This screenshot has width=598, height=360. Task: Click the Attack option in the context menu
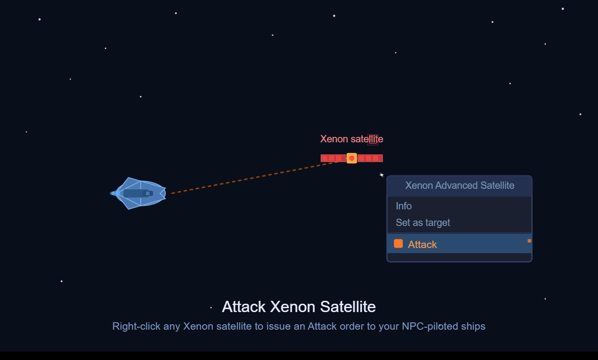tap(422, 244)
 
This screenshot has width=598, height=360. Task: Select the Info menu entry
tap(404, 206)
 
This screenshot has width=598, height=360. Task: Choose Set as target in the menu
tap(423, 223)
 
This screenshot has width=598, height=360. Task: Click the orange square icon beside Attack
tap(398, 244)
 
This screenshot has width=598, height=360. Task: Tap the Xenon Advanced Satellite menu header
tap(460, 185)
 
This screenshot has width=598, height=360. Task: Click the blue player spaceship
tap(140, 193)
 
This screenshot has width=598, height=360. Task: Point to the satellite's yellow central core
tap(351, 158)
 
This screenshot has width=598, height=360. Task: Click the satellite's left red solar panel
tap(333, 158)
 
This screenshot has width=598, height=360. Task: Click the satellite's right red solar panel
tap(370, 158)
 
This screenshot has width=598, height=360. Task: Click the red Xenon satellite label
tap(351, 139)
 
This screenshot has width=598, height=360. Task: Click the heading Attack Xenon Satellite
tap(299, 307)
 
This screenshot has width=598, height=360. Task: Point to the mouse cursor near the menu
tap(381, 175)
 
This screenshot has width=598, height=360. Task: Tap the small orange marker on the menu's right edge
tap(529, 241)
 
